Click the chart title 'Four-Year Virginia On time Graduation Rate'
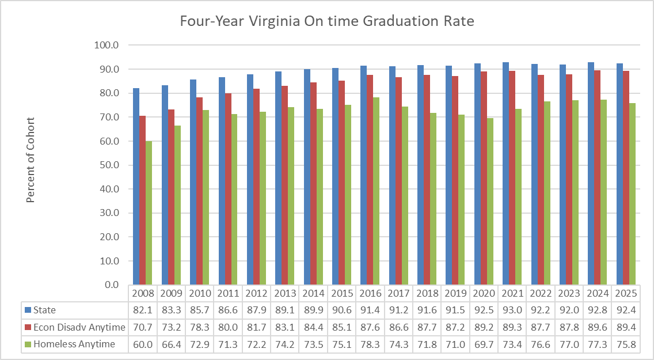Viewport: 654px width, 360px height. [326, 22]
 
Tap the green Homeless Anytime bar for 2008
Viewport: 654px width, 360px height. [149, 213]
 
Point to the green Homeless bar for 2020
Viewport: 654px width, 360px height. [489, 201]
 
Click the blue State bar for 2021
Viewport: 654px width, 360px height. [505, 173]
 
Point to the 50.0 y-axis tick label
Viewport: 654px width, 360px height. [108, 165]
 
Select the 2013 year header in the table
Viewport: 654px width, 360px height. [285, 293]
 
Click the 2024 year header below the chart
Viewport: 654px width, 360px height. [597, 293]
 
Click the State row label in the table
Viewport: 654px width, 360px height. [44, 310]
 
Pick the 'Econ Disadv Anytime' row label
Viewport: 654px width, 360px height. [79, 327]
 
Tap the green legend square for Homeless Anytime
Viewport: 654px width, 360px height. [28, 344]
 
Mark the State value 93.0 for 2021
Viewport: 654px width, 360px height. [512, 310]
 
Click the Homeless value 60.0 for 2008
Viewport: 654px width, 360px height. [143, 344]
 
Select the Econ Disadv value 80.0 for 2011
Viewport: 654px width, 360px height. [229, 327]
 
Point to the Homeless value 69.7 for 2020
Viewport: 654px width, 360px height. [484, 344]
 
